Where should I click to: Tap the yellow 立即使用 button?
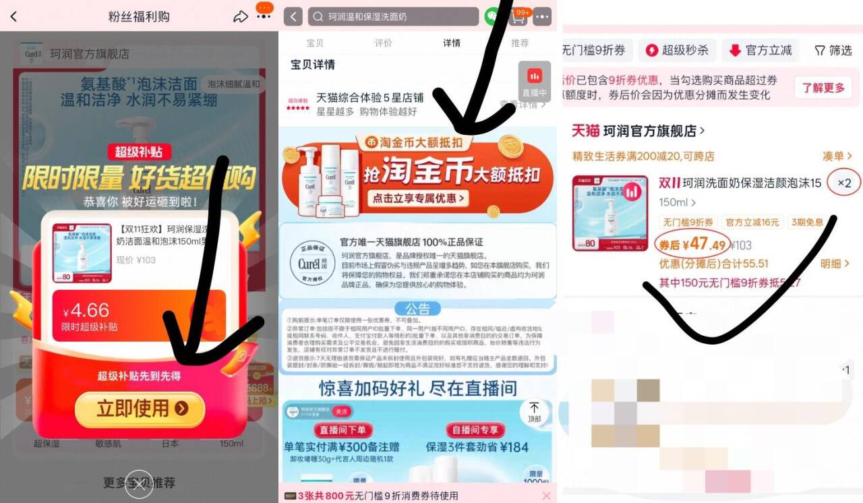tap(140, 408)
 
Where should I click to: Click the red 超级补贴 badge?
tap(138, 152)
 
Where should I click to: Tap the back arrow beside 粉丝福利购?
tap(13, 17)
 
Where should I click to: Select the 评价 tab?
tap(383, 43)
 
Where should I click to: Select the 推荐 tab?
tap(520, 43)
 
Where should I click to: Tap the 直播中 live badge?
tap(534, 81)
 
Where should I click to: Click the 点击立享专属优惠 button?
tap(418, 198)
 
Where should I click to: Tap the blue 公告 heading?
tap(417, 309)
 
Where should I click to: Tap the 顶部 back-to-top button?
tap(534, 411)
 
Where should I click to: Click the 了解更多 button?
tap(823, 88)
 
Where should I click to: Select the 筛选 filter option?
tap(833, 51)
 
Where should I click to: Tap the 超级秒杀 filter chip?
tap(677, 51)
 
